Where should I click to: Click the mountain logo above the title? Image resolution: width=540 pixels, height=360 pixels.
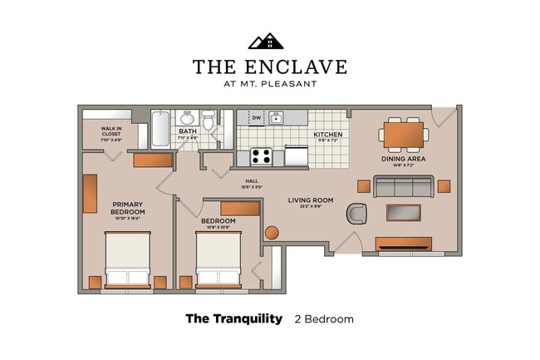(266, 41)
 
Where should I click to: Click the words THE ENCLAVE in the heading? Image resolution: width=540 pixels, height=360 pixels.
(269, 67)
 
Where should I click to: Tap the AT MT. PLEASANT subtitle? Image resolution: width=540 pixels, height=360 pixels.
(269, 83)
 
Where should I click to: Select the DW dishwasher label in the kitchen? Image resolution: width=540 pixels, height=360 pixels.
(257, 118)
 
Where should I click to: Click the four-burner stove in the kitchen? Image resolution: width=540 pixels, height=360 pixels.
(262, 156)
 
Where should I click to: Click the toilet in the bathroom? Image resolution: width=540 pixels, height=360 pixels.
(209, 121)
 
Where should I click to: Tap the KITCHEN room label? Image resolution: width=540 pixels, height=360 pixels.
(327, 135)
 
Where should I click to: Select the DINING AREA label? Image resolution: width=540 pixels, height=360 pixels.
(404, 158)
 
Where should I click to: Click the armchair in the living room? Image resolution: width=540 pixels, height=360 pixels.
(357, 214)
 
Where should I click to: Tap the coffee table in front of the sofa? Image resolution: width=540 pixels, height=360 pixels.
(404, 212)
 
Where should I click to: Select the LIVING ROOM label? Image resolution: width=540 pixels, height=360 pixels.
(311, 200)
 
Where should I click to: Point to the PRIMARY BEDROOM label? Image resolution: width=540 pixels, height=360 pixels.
(128, 208)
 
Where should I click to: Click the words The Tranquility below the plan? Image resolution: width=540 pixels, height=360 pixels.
(233, 318)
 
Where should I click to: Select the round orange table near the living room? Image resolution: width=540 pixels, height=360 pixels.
(272, 232)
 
